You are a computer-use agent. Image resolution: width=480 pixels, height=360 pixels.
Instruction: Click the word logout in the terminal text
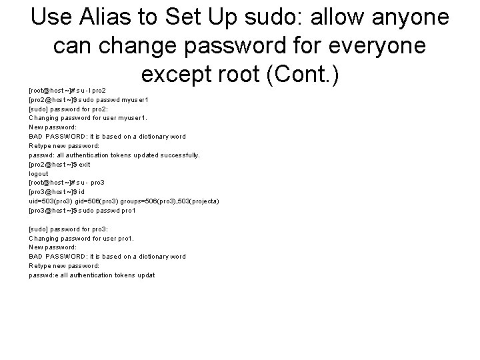click(38, 173)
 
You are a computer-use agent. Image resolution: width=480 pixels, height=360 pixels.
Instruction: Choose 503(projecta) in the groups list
click(197, 201)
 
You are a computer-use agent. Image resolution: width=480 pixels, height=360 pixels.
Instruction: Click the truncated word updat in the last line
click(146, 275)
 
